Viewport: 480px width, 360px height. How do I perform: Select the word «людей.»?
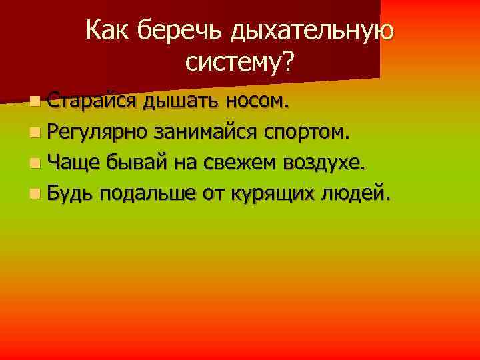click(x=361, y=194)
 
